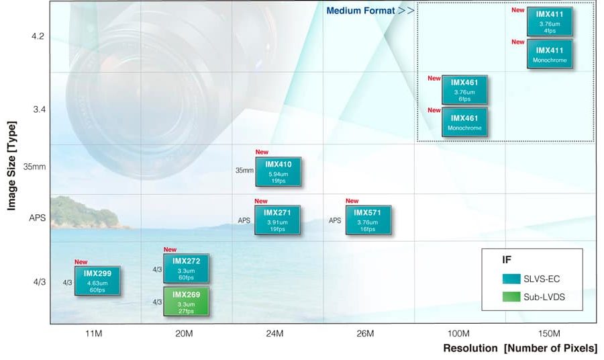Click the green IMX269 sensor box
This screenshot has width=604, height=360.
pyautogui.click(x=187, y=302)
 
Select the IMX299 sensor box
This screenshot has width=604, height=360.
pyautogui.click(x=97, y=281)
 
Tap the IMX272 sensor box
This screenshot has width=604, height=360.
pyautogui.click(x=187, y=269)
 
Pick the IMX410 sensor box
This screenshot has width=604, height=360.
pyautogui.click(x=278, y=172)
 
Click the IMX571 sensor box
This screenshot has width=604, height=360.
pyautogui.click(x=368, y=220)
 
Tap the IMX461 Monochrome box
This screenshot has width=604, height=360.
pyautogui.click(x=464, y=122)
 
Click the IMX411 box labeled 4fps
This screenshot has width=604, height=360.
pyautogui.click(x=550, y=21)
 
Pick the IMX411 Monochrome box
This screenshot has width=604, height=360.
pyautogui.click(x=550, y=54)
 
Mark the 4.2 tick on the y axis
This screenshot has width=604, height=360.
pyautogui.click(x=38, y=36)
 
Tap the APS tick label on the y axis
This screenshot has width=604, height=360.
pyautogui.click(x=38, y=218)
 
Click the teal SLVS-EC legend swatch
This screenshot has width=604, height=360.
pyautogui.click(x=511, y=279)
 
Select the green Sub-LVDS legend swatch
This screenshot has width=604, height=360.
pyautogui.click(x=511, y=297)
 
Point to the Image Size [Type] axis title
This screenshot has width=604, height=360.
pyautogui.click(x=11, y=165)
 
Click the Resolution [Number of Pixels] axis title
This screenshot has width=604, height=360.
pyautogui.click(x=519, y=349)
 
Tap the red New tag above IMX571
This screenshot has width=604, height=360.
pyautogui.click(x=352, y=201)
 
